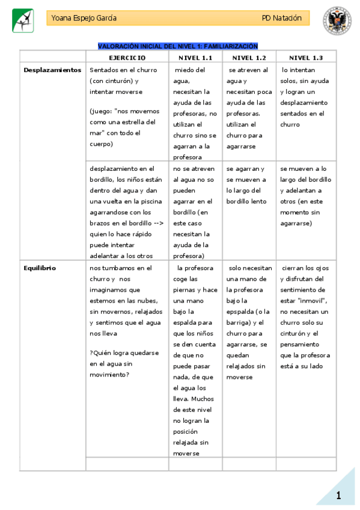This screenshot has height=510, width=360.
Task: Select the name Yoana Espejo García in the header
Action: tap(84, 18)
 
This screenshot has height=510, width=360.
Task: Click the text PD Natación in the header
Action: tap(281, 18)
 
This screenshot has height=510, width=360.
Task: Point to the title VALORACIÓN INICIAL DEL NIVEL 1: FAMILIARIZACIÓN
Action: tap(178, 46)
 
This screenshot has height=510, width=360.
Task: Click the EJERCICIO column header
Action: tap(127, 58)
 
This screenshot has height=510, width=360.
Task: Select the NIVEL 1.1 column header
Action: tap(196, 58)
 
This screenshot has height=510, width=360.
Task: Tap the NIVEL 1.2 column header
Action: tap(249, 58)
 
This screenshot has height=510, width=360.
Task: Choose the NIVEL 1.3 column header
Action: tap(306, 58)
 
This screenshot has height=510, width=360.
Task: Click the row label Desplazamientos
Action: tap(52, 70)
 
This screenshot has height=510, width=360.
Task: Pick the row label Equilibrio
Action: tap(40, 268)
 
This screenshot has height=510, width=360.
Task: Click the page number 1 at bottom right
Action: tap(339, 496)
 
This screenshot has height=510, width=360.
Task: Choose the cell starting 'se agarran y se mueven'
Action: tap(247, 185)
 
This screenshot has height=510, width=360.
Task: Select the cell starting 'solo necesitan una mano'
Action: tap(248, 322)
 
